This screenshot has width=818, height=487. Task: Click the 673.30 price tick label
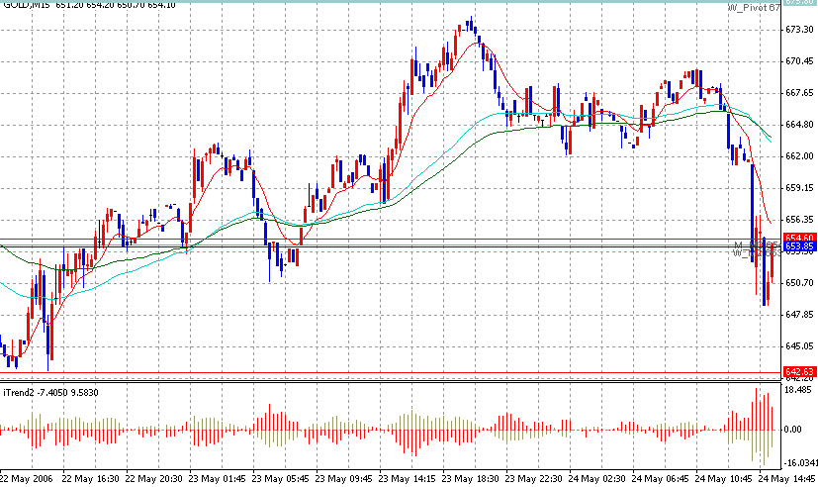pos(798,30)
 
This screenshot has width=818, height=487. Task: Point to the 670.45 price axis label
pos(798,61)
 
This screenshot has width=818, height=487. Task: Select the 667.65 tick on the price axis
pos(798,93)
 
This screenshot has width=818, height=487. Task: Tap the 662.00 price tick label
pos(798,156)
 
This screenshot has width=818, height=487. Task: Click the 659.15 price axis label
pos(798,188)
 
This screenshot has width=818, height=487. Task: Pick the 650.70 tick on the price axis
pos(798,283)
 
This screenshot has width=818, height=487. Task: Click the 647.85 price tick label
pos(798,315)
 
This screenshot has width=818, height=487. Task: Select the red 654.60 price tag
pos(798,238)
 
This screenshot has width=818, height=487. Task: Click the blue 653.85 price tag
pos(798,246)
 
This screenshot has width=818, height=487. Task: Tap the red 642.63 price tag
pos(798,372)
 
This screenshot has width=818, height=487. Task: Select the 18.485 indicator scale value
pos(797,392)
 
